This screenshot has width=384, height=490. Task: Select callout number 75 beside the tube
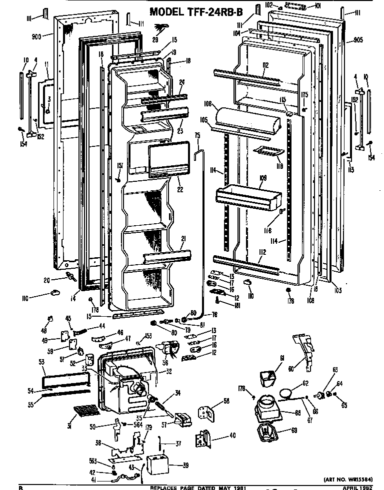(197, 135)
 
